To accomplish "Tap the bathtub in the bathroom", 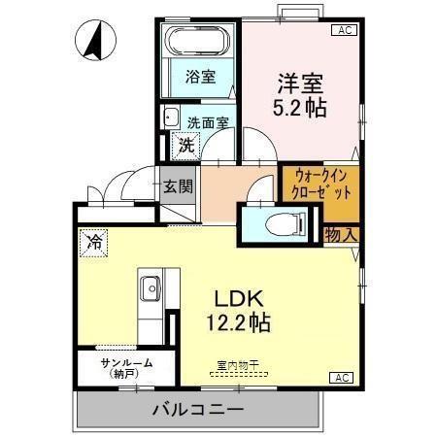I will tap(198, 43).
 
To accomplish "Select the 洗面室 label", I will tap(207, 123).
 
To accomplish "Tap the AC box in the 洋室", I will tap(343, 31).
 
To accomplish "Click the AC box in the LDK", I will tap(343, 377).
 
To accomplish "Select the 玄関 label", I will tap(178, 185).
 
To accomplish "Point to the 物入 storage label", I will tap(341, 233).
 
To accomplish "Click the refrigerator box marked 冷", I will tap(95, 241).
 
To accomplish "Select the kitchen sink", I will tap(151, 288).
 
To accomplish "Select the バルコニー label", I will tap(197, 409).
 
